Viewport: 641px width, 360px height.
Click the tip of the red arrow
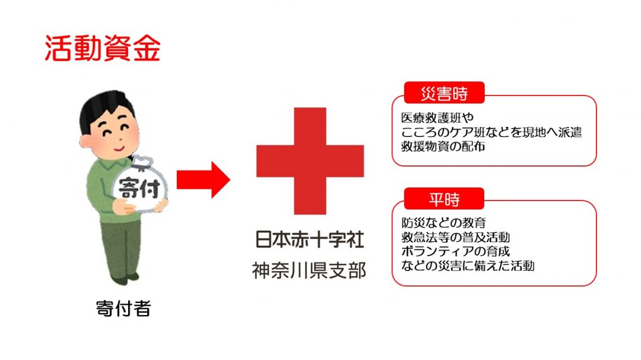[x=230, y=179]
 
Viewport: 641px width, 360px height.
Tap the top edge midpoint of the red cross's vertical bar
[x=310, y=108]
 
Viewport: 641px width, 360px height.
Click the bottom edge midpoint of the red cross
[x=310, y=214]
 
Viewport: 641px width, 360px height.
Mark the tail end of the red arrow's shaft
[x=177, y=179]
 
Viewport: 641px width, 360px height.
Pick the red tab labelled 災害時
[x=444, y=93]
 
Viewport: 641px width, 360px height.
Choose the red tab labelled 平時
[x=444, y=199]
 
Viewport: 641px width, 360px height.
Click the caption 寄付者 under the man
[x=123, y=308]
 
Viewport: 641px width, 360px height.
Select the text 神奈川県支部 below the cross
[x=309, y=270]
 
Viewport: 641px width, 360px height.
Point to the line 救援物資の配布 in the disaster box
[x=443, y=146]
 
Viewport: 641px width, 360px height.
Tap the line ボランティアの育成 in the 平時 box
[x=455, y=251]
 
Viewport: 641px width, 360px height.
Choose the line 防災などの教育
[x=443, y=222]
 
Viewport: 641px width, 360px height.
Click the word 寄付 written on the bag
[x=139, y=189]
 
